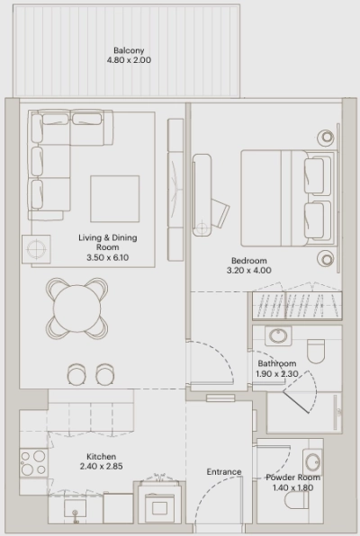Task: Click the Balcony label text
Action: [x=130, y=50]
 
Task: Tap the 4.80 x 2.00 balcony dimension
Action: [x=130, y=62]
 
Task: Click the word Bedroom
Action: [x=247, y=262]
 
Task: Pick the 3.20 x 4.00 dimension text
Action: [x=247, y=272]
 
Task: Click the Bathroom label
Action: [x=277, y=363]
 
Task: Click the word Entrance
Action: [x=224, y=472]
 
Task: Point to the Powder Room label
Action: [x=292, y=478]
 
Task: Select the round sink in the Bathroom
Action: [x=276, y=338]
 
